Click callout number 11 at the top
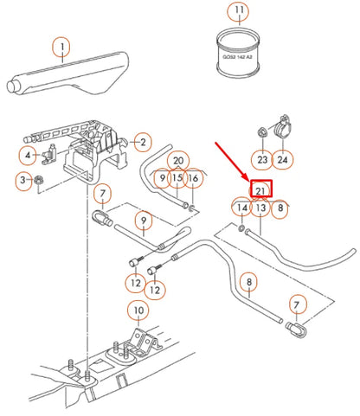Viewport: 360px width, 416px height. pyautogui.click(x=236, y=12)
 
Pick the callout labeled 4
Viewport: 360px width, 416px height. pyautogui.click(x=28, y=156)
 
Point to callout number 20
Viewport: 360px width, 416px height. pyautogui.click(x=177, y=161)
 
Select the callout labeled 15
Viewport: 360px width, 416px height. pyautogui.click(x=177, y=178)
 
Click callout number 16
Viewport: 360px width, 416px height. pyautogui.click(x=194, y=178)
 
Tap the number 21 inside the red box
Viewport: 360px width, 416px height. pyautogui.click(x=261, y=189)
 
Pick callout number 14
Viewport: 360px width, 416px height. pyautogui.click(x=241, y=208)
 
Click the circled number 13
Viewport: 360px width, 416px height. pyautogui.click(x=260, y=208)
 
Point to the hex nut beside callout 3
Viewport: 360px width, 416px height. pyautogui.click(x=40, y=180)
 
